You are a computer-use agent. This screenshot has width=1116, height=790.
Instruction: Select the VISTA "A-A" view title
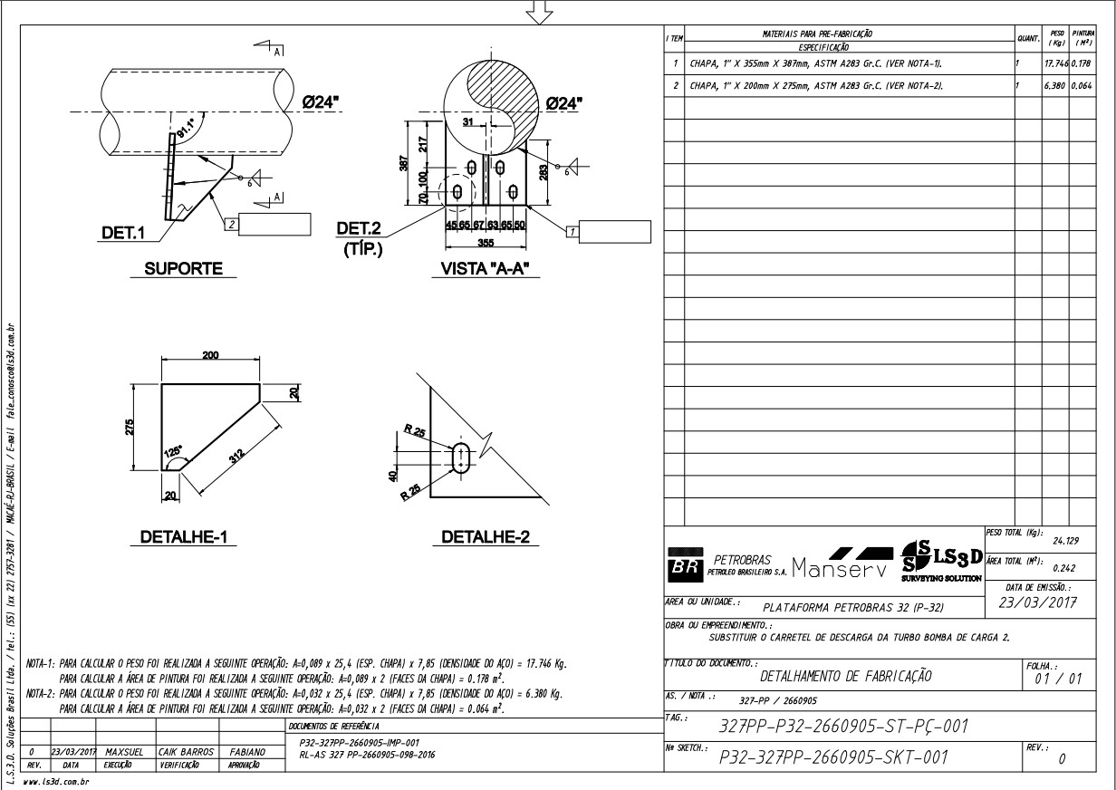[x=484, y=268]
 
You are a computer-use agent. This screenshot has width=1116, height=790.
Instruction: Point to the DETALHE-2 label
[x=486, y=537]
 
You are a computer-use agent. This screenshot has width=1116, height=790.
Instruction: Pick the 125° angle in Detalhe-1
[x=173, y=450]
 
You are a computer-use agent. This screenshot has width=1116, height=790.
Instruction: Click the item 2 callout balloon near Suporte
[x=232, y=223]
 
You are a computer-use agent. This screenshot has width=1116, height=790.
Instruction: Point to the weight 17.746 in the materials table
[x=1055, y=64]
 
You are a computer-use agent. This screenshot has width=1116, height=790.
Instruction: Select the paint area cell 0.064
[x=1082, y=86]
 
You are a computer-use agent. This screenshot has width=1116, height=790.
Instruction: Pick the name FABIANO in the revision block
[x=246, y=751]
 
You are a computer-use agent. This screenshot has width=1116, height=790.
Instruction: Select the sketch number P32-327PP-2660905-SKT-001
[x=832, y=757]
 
